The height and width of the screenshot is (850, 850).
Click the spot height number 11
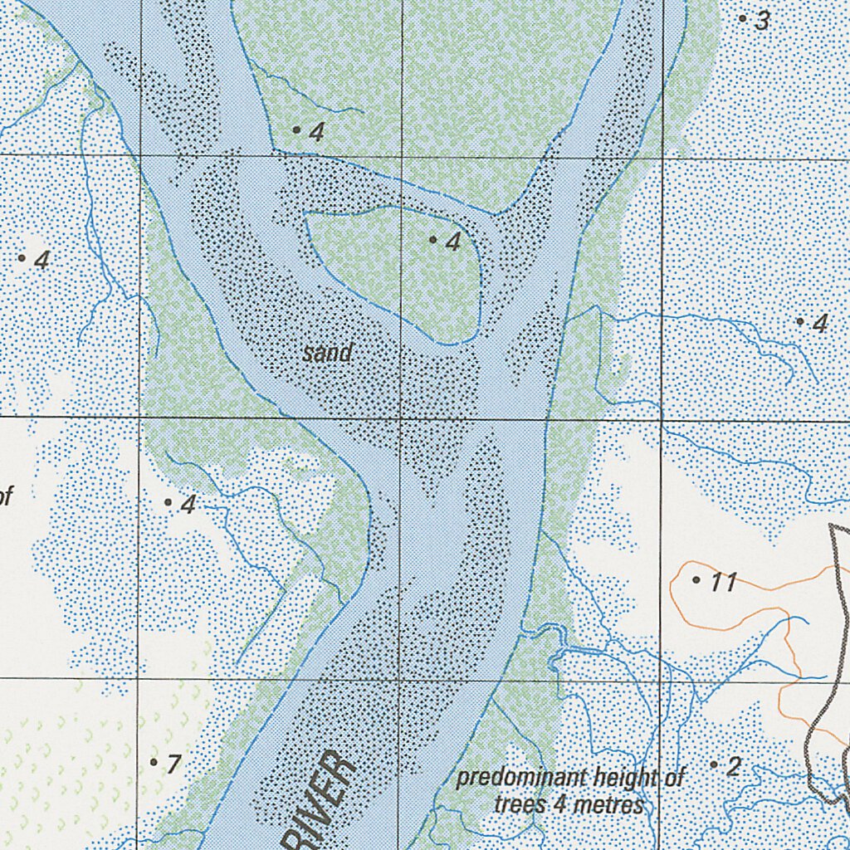click(x=724, y=583)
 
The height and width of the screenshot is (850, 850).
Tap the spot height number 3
click(x=762, y=22)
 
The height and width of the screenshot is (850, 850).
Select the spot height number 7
click(x=173, y=764)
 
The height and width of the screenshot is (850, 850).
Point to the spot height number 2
click(x=733, y=766)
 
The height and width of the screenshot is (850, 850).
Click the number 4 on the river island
click(x=453, y=242)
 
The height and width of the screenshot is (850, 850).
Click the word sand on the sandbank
click(x=327, y=354)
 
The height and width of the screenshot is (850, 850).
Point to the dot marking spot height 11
click(x=696, y=579)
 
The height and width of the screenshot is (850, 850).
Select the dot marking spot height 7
click(x=154, y=761)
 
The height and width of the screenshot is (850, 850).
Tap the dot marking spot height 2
click(x=713, y=764)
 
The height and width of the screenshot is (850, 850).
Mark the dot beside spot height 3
click(x=742, y=17)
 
